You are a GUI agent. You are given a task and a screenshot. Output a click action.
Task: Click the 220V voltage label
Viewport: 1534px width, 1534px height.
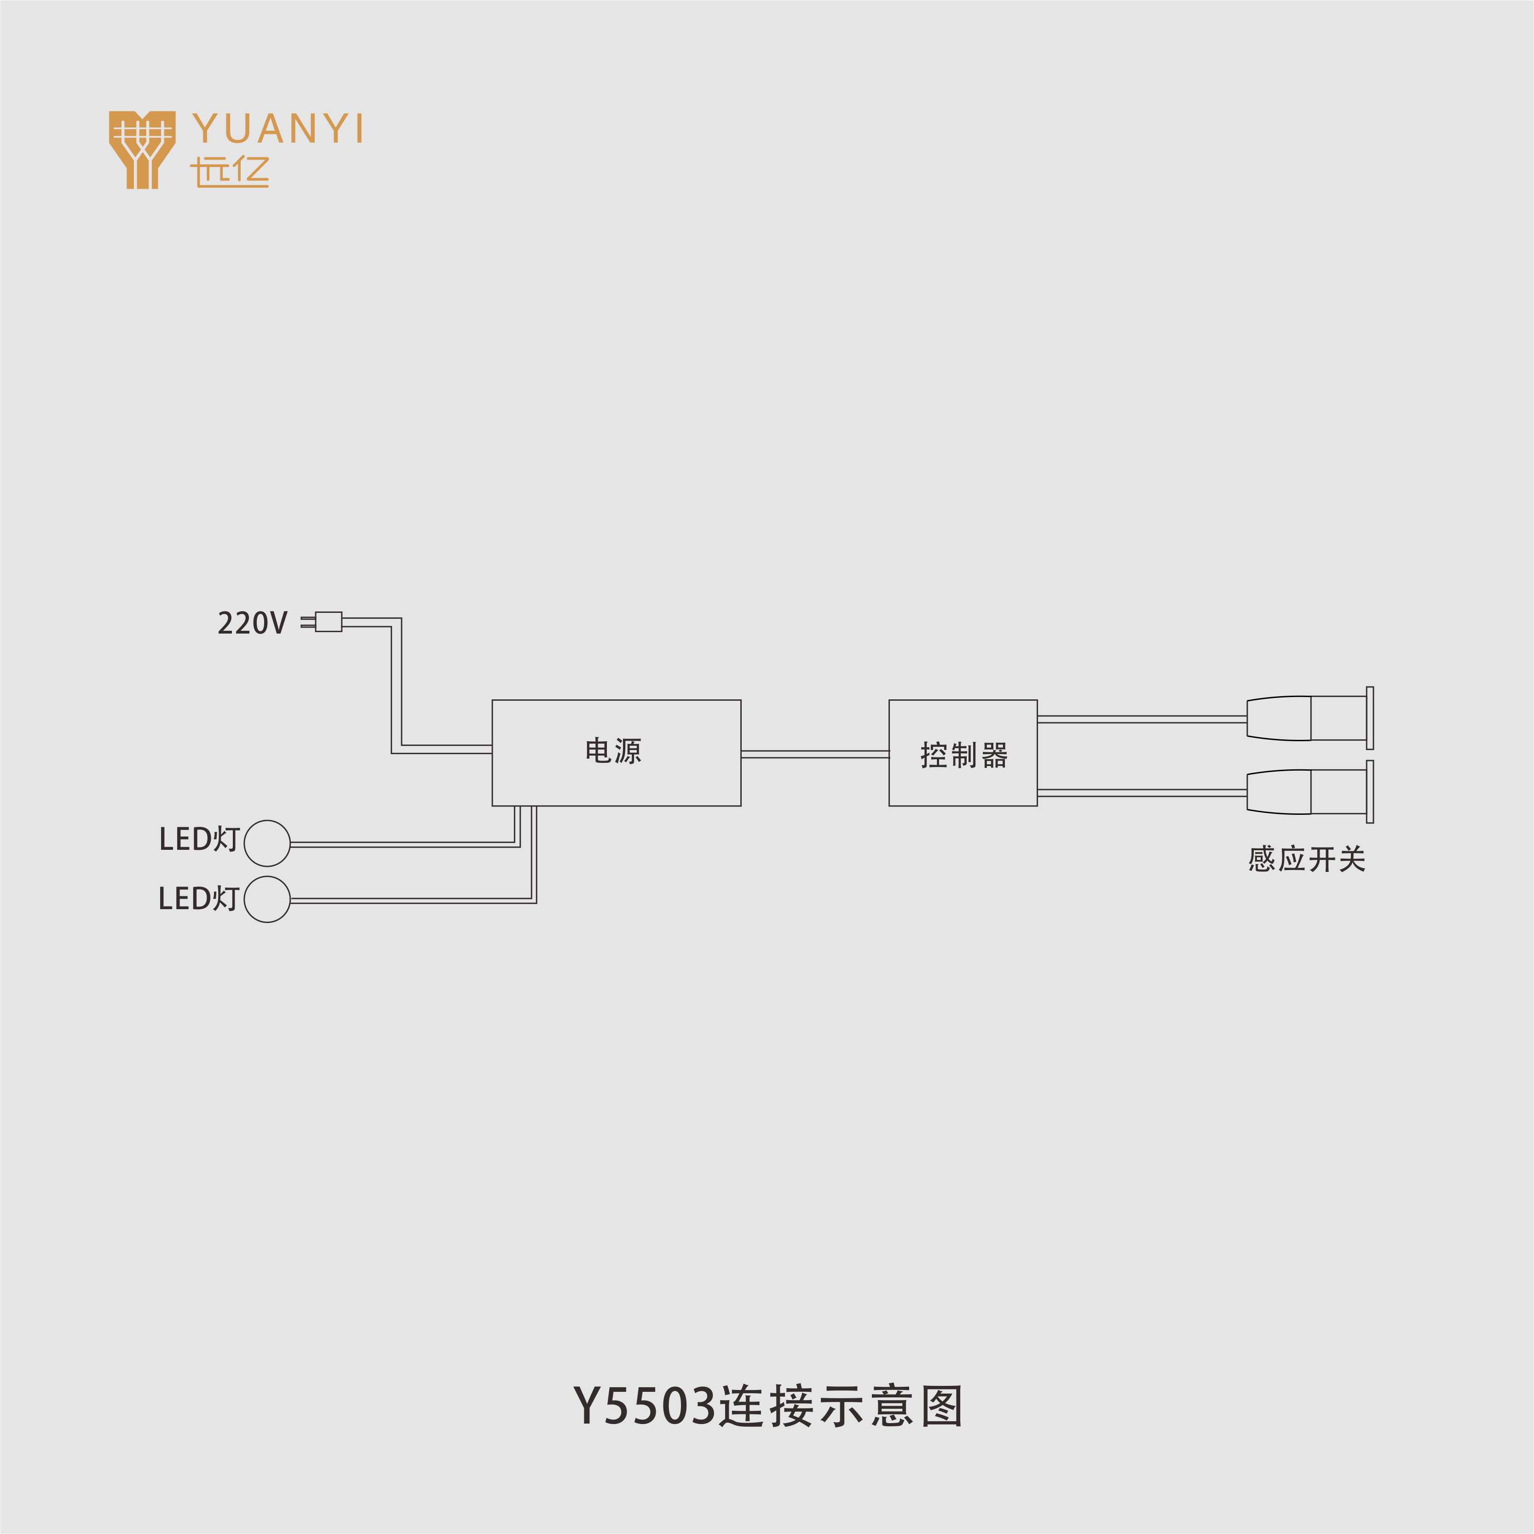pos(252,623)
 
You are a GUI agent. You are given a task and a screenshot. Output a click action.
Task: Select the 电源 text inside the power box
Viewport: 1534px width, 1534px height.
pos(613,751)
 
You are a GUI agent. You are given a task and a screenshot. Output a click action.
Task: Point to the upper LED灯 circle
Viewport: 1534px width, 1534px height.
pos(267,843)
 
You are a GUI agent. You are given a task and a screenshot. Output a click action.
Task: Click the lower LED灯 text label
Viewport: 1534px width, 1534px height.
pos(198,898)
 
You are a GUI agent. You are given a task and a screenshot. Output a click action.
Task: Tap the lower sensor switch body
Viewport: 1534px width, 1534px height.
pos(1307,791)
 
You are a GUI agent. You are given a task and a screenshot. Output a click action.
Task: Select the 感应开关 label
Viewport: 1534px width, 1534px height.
pos(1306,859)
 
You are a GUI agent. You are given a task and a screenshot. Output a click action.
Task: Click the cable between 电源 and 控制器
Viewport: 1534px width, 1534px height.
pos(815,754)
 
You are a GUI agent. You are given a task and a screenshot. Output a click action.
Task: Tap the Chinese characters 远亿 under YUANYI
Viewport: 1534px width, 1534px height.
pos(230,172)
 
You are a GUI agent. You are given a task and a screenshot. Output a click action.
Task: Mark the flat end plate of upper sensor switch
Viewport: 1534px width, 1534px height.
pos(1370,718)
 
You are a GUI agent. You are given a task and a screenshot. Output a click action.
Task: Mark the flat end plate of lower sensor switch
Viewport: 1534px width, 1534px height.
pos(1370,791)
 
